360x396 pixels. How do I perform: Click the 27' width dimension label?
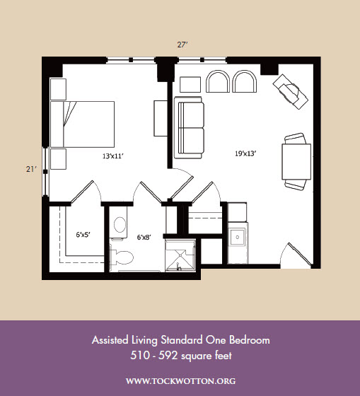coord(182,45)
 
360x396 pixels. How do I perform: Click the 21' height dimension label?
coord(31,169)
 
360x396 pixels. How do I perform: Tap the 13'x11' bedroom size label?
coord(113,156)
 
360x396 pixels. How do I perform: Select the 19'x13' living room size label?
coord(246,153)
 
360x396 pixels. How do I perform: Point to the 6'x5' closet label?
coord(83,235)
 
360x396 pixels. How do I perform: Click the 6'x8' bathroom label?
coord(144,237)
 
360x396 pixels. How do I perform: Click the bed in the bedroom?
coord(82,124)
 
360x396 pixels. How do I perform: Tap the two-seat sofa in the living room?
coord(189,127)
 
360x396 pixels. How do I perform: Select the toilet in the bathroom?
coord(122,257)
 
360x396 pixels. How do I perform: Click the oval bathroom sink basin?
coord(120,225)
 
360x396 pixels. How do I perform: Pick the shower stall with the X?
coord(180,255)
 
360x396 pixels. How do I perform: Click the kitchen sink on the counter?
coord(237,237)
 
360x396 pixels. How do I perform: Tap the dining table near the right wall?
coord(296,162)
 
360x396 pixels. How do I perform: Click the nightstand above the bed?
coord(59,89)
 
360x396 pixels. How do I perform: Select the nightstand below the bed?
coord(59,159)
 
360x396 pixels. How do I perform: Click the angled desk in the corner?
coord(290,91)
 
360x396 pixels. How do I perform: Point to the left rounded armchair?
coord(218,81)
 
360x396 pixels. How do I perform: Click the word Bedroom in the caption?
coord(250,340)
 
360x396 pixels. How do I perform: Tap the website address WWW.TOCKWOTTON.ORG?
coord(180,381)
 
